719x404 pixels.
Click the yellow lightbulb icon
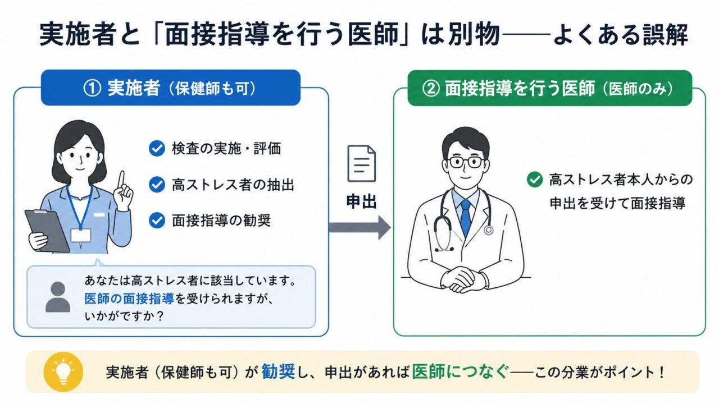(x=63, y=372)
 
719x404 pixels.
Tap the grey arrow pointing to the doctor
(x=359, y=228)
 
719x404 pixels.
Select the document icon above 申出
(x=361, y=163)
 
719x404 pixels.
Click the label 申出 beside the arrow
(x=361, y=202)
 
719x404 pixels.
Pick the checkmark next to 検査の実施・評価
(x=157, y=149)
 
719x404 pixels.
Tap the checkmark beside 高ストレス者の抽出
(x=157, y=185)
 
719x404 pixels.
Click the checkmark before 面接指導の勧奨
(x=157, y=221)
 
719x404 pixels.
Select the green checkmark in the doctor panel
(x=535, y=179)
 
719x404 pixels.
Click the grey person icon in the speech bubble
(x=58, y=297)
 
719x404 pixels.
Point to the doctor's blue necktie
(x=466, y=218)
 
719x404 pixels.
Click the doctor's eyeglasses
(x=466, y=162)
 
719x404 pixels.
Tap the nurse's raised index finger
(x=121, y=181)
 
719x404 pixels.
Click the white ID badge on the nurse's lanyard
(x=80, y=236)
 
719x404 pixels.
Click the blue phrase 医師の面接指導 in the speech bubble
(x=129, y=299)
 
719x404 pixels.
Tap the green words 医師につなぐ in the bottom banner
(x=460, y=372)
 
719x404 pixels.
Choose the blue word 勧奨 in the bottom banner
(x=278, y=372)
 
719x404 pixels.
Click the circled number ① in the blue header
(x=92, y=88)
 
